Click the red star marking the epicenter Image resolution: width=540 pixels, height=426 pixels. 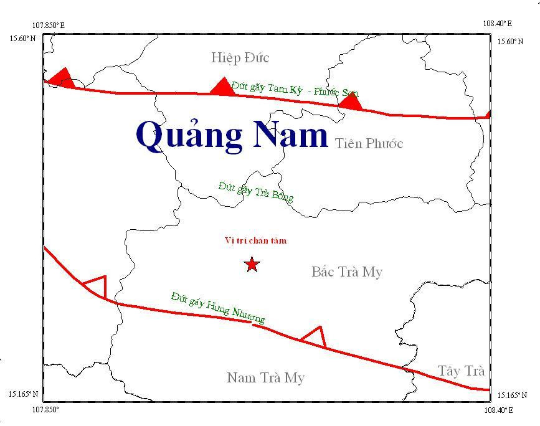252,265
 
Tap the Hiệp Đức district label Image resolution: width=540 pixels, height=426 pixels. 240,58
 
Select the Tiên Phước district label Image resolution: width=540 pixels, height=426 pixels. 369,144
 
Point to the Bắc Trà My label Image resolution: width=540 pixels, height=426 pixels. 346,272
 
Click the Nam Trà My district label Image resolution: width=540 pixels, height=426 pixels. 265,378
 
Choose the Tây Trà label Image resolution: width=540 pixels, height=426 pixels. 460,371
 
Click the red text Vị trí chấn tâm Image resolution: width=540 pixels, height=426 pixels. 255,241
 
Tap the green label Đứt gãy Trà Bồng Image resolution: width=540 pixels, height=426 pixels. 255,191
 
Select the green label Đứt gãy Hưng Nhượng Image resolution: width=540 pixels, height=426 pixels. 218,307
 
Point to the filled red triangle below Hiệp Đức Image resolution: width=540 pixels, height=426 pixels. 222,87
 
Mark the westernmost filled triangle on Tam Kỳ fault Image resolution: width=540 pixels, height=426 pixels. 62,78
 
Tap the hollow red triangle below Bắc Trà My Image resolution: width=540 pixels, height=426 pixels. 315,336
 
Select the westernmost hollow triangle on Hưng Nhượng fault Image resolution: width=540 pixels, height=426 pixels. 97,286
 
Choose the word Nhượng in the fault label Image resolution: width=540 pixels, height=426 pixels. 249,315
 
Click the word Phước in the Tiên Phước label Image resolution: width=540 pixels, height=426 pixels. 383,144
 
